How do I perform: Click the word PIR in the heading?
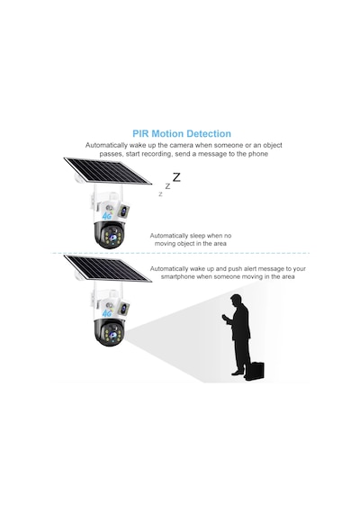tap(140, 134)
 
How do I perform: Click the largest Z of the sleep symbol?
tap(176, 177)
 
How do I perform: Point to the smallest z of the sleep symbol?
tap(160, 194)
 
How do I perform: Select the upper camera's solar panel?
tap(107, 171)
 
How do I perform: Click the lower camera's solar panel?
tap(107, 268)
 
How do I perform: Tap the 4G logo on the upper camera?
tap(107, 216)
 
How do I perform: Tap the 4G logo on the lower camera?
tap(107, 313)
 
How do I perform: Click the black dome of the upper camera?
tap(110, 235)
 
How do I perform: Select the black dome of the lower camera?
tap(110, 332)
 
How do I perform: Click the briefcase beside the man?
tap(255, 371)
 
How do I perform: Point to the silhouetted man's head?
tap(236, 301)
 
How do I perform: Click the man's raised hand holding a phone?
tap(224, 318)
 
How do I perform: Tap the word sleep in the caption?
tap(197, 236)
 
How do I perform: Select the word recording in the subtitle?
tap(156, 154)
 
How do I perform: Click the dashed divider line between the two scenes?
tap(180, 253)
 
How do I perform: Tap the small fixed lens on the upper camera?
tap(123, 211)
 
